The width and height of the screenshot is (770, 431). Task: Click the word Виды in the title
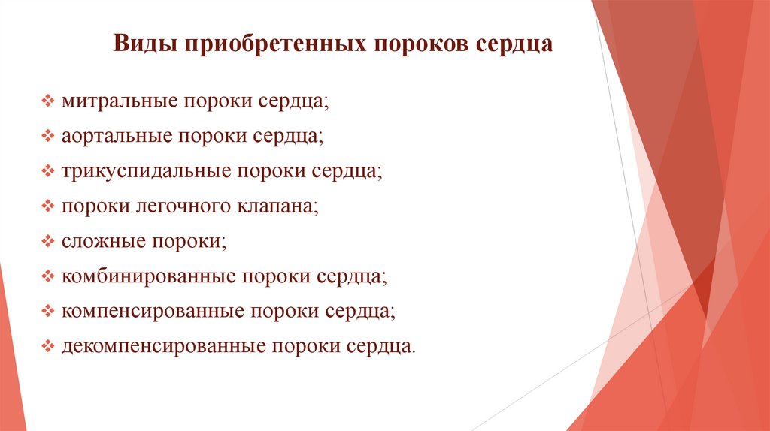(141, 43)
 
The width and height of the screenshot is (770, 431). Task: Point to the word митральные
(118, 101)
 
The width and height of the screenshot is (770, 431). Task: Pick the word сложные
(102, 242)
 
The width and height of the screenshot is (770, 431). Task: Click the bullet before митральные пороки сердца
(48, 101)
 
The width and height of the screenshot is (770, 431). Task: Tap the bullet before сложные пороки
(48, 242)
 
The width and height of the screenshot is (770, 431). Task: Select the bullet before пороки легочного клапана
(48, 206)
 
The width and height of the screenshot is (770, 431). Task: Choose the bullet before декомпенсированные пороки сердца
(48, 347)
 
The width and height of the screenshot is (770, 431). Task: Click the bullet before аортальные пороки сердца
(48, 136)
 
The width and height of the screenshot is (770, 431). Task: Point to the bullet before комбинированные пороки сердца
(48, 276)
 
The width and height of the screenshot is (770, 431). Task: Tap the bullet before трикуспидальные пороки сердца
(48, 171)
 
